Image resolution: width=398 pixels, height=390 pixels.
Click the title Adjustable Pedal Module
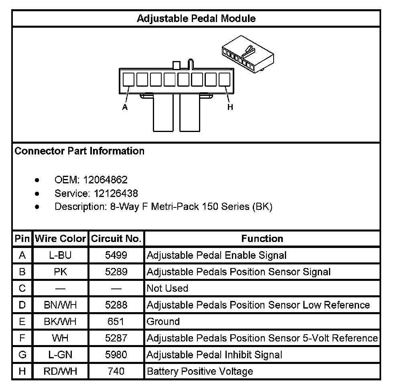pos(196,18)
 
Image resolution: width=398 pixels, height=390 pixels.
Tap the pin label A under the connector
pos(125,108)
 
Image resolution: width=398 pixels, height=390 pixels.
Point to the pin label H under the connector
pos(230,107)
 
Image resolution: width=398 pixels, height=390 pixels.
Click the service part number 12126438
pos(116,193)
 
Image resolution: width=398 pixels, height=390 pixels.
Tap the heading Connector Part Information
pos(79,151)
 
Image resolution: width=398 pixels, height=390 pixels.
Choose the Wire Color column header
pos(61,239)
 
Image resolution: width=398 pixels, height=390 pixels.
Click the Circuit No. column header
pos(116,239)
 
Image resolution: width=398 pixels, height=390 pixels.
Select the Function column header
pos(262,239)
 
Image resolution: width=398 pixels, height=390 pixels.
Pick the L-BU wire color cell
pos(61,255)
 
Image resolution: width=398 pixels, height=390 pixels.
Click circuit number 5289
pos(116,272)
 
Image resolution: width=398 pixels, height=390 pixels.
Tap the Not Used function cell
pos(167,288)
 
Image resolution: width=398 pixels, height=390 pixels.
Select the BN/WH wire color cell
pos(61,305)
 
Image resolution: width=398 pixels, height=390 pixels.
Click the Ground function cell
pos(163,321)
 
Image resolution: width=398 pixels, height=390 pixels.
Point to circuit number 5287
pos(116,338)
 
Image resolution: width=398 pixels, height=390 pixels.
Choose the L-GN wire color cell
pos(61,355)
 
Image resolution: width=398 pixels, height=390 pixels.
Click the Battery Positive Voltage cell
pos(200,371)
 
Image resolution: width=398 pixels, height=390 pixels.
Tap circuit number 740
pos(116,371)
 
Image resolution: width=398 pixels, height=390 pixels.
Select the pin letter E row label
pos(22,321)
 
